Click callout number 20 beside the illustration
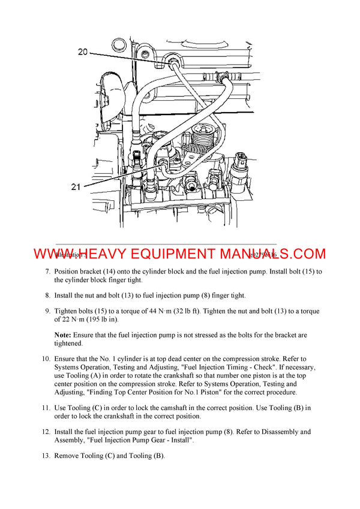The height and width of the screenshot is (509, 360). tap(82, 52)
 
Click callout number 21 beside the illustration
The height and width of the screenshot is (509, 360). tap(76, 187)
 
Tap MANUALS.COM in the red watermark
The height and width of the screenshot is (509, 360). tap(278, 254)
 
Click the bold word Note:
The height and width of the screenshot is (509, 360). tap(64, 335)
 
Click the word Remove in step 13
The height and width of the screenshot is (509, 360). tap(68, 455)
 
